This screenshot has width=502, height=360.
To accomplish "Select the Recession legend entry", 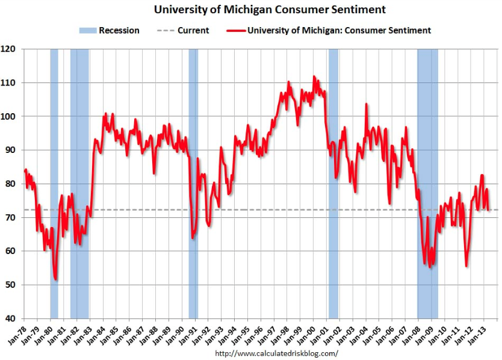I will point(109,30).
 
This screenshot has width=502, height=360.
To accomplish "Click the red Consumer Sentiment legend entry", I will point(330,30).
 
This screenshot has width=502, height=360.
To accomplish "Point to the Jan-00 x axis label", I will point(311,334).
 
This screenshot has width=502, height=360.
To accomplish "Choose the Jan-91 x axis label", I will point(192,334).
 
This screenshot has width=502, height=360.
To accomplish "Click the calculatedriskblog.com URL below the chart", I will point(276,353).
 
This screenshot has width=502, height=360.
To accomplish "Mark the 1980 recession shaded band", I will point(54,181).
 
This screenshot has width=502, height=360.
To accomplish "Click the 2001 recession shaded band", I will point(333,181).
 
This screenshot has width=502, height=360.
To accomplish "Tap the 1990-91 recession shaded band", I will point(193,181).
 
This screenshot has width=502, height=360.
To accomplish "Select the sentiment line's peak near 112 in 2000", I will point(314,76).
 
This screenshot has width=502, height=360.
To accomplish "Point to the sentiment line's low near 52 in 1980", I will point(55,279).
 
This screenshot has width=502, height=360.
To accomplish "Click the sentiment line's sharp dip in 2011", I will point(466,265).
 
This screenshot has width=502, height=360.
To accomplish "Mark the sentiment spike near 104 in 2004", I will point(366,104).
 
